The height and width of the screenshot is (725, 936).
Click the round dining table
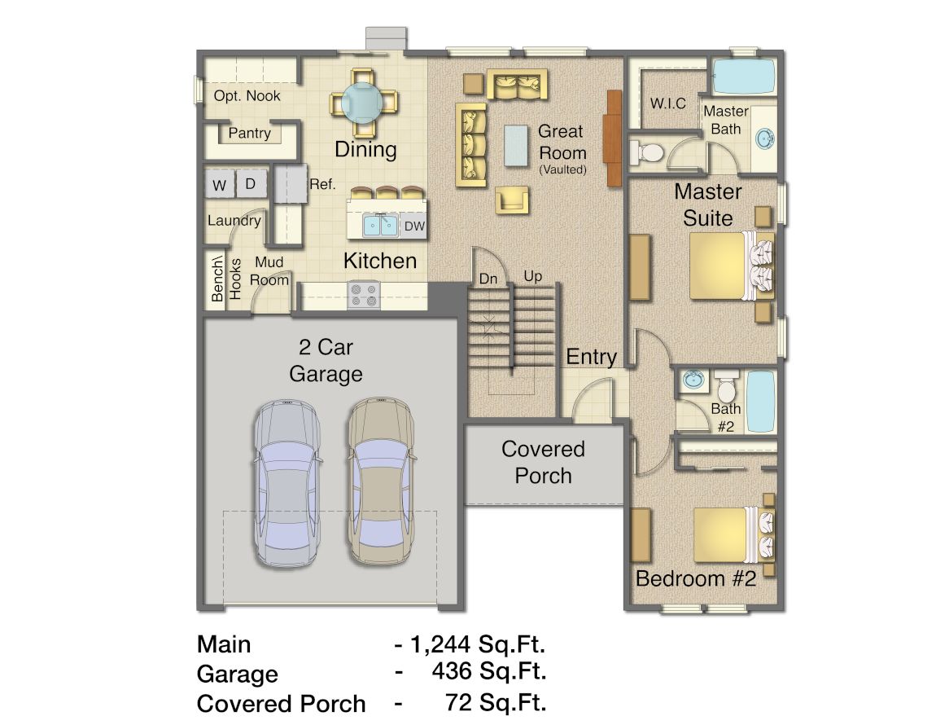(x=363, y=102)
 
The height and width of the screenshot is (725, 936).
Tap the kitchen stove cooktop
(x=364, y=295)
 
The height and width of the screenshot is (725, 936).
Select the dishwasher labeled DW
(x=413, y=226)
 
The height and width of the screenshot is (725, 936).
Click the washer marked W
(x=220, y=185)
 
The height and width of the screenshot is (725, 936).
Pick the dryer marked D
(x=251, y=183)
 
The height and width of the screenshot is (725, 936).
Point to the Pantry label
(x=250, y=133)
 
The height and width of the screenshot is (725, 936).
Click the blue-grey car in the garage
(x=286, y=483)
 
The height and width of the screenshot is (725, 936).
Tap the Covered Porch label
(x=543, y=462)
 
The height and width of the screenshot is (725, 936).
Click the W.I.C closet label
(x=668, y=103)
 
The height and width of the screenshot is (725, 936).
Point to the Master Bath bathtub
(x=743, y=77)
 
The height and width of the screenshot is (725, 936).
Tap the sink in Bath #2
(x=693, y=379)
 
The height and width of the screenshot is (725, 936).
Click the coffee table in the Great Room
(x=516, y=145)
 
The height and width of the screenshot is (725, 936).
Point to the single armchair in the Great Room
(x=512, y=199)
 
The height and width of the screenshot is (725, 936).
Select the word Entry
(x=591, y=357)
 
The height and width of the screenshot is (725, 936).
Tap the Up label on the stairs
(x=532, y=276)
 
